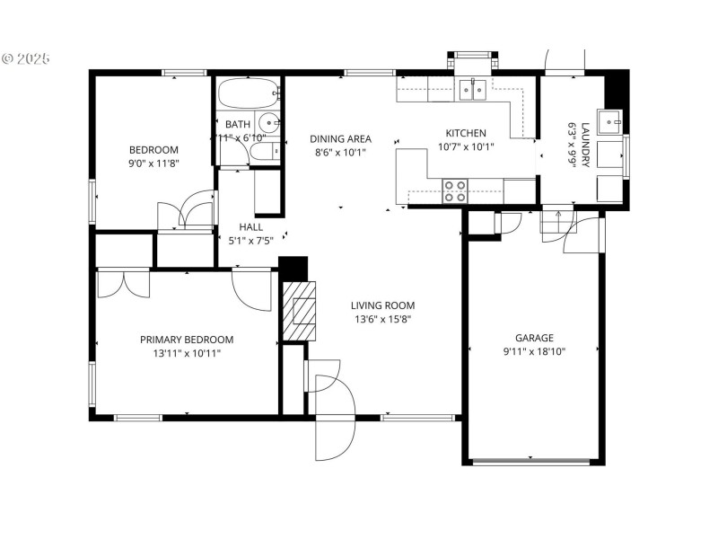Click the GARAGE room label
(534, 338)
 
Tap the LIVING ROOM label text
(381, 305)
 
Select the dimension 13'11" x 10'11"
(187, 353)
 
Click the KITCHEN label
(466, 133)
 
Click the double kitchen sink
(473, 89)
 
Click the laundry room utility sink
(611, 121)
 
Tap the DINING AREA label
(340, 139)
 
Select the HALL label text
(250, 227)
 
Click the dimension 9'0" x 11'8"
(153, 163)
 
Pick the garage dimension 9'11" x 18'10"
(534, 351)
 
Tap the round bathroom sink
(268, 123)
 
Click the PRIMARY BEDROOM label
(187, 340)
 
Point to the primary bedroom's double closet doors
(124, 282)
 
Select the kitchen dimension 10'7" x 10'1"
(466, 146)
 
